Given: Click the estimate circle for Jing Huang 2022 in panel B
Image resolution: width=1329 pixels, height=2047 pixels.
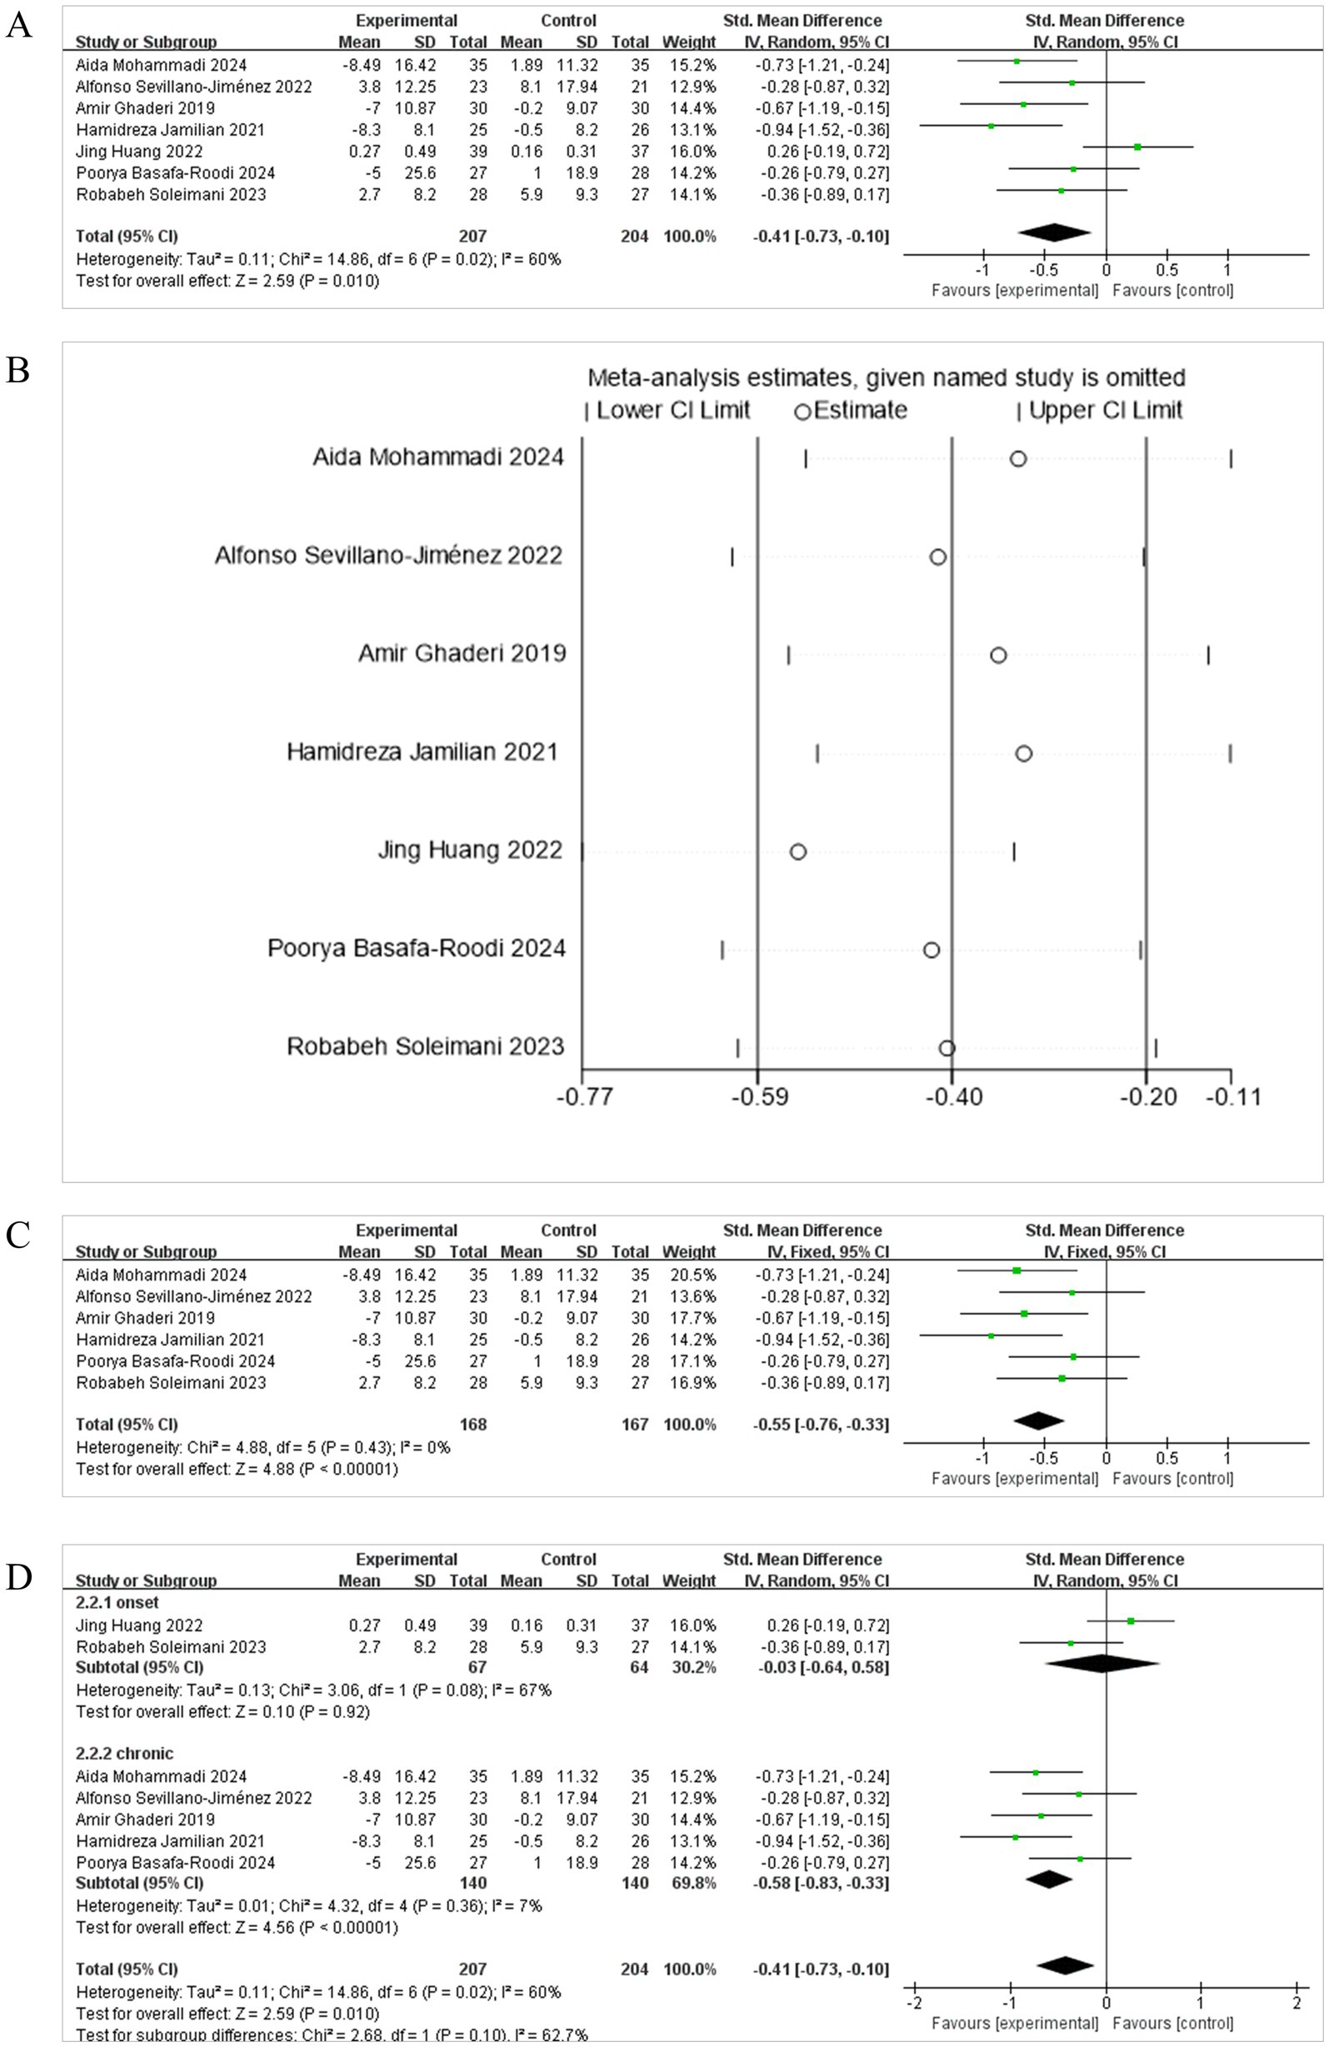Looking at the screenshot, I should tap(797, 851).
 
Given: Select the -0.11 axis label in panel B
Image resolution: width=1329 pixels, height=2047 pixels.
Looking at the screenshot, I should tap(1232, 1097).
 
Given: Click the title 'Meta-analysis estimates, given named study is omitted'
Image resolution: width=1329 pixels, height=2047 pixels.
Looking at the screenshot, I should tap(886, 377).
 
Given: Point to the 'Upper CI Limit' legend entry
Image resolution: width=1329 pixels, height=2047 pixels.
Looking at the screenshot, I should tap(1100, 410).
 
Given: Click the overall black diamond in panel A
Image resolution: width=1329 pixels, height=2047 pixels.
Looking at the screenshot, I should tap(1055, 232).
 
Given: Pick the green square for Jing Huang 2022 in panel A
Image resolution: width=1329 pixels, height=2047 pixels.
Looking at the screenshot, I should tap(1137, 147).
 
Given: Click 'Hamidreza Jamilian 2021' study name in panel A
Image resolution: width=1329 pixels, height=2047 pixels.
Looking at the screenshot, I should tap(170, 130).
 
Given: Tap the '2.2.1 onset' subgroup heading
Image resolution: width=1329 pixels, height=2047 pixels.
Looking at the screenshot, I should tap(117, 1603).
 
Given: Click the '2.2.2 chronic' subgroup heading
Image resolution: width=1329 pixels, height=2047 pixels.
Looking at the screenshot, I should tap(125, 1755).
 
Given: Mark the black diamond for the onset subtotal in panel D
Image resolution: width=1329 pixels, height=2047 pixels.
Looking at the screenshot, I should tap(1102, 1667).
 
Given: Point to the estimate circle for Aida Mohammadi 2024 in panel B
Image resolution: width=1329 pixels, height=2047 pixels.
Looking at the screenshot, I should tap(1017, 458).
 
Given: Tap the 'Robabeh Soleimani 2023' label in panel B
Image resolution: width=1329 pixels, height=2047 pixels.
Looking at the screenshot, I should tap(425, 1046).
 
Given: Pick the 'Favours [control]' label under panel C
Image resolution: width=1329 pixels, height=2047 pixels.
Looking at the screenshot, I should tap(1172, 1479).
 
